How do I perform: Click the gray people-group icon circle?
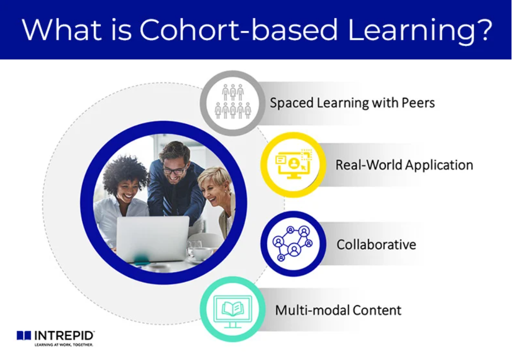click(x=233, y=103)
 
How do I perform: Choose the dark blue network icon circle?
click(x=293, y=244)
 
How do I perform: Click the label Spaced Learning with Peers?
click(x=352, y=103)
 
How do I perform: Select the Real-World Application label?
click(x=404, y=166)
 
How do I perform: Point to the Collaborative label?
click(x=376, y=244)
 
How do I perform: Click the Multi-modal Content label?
click(x=338, y=310)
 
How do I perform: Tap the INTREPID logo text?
click(x=64, y=335)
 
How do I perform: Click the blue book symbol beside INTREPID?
click(x=24, y=335)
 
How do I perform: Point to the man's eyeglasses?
click(x=174, y=169)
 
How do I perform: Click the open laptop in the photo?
click(x=153, y=238)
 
